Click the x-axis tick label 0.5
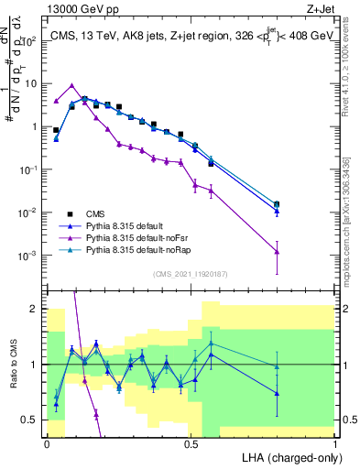[191, 442]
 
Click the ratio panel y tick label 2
[34, 309]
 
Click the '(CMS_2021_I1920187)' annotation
[190, 273]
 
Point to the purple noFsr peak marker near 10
[71, 85]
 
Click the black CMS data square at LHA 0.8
[278, 204]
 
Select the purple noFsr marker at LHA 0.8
[278, 251]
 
